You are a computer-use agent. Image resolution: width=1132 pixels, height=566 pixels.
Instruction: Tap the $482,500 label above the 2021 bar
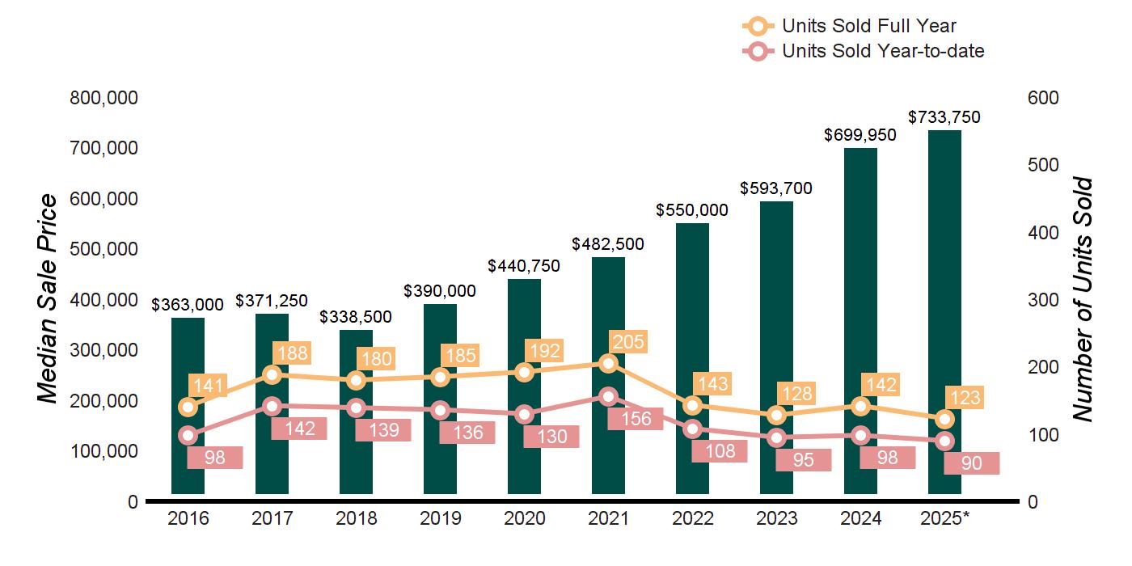(608, 243)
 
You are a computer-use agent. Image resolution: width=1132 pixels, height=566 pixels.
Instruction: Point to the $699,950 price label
(860, 135)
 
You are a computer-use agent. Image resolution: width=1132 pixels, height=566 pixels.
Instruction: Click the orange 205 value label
(628, 342)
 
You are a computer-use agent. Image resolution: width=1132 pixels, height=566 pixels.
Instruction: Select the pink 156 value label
(635, 418)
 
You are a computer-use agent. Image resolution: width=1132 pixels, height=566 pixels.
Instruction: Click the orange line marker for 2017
(272, 374)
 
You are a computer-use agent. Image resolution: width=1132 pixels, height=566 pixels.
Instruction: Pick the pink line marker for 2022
(692, 429)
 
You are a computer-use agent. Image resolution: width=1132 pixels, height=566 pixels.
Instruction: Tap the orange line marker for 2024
(860, 406)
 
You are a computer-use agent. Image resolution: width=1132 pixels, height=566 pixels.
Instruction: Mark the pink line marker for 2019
(441, 410)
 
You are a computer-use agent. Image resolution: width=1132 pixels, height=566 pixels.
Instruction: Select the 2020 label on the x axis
(524, 519)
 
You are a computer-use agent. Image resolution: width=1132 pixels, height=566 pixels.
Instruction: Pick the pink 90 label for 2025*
(972, 463)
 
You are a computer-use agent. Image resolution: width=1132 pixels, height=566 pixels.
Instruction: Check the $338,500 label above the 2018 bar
(356, 316)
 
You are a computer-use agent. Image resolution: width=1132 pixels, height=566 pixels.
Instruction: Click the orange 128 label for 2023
(796, 394)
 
